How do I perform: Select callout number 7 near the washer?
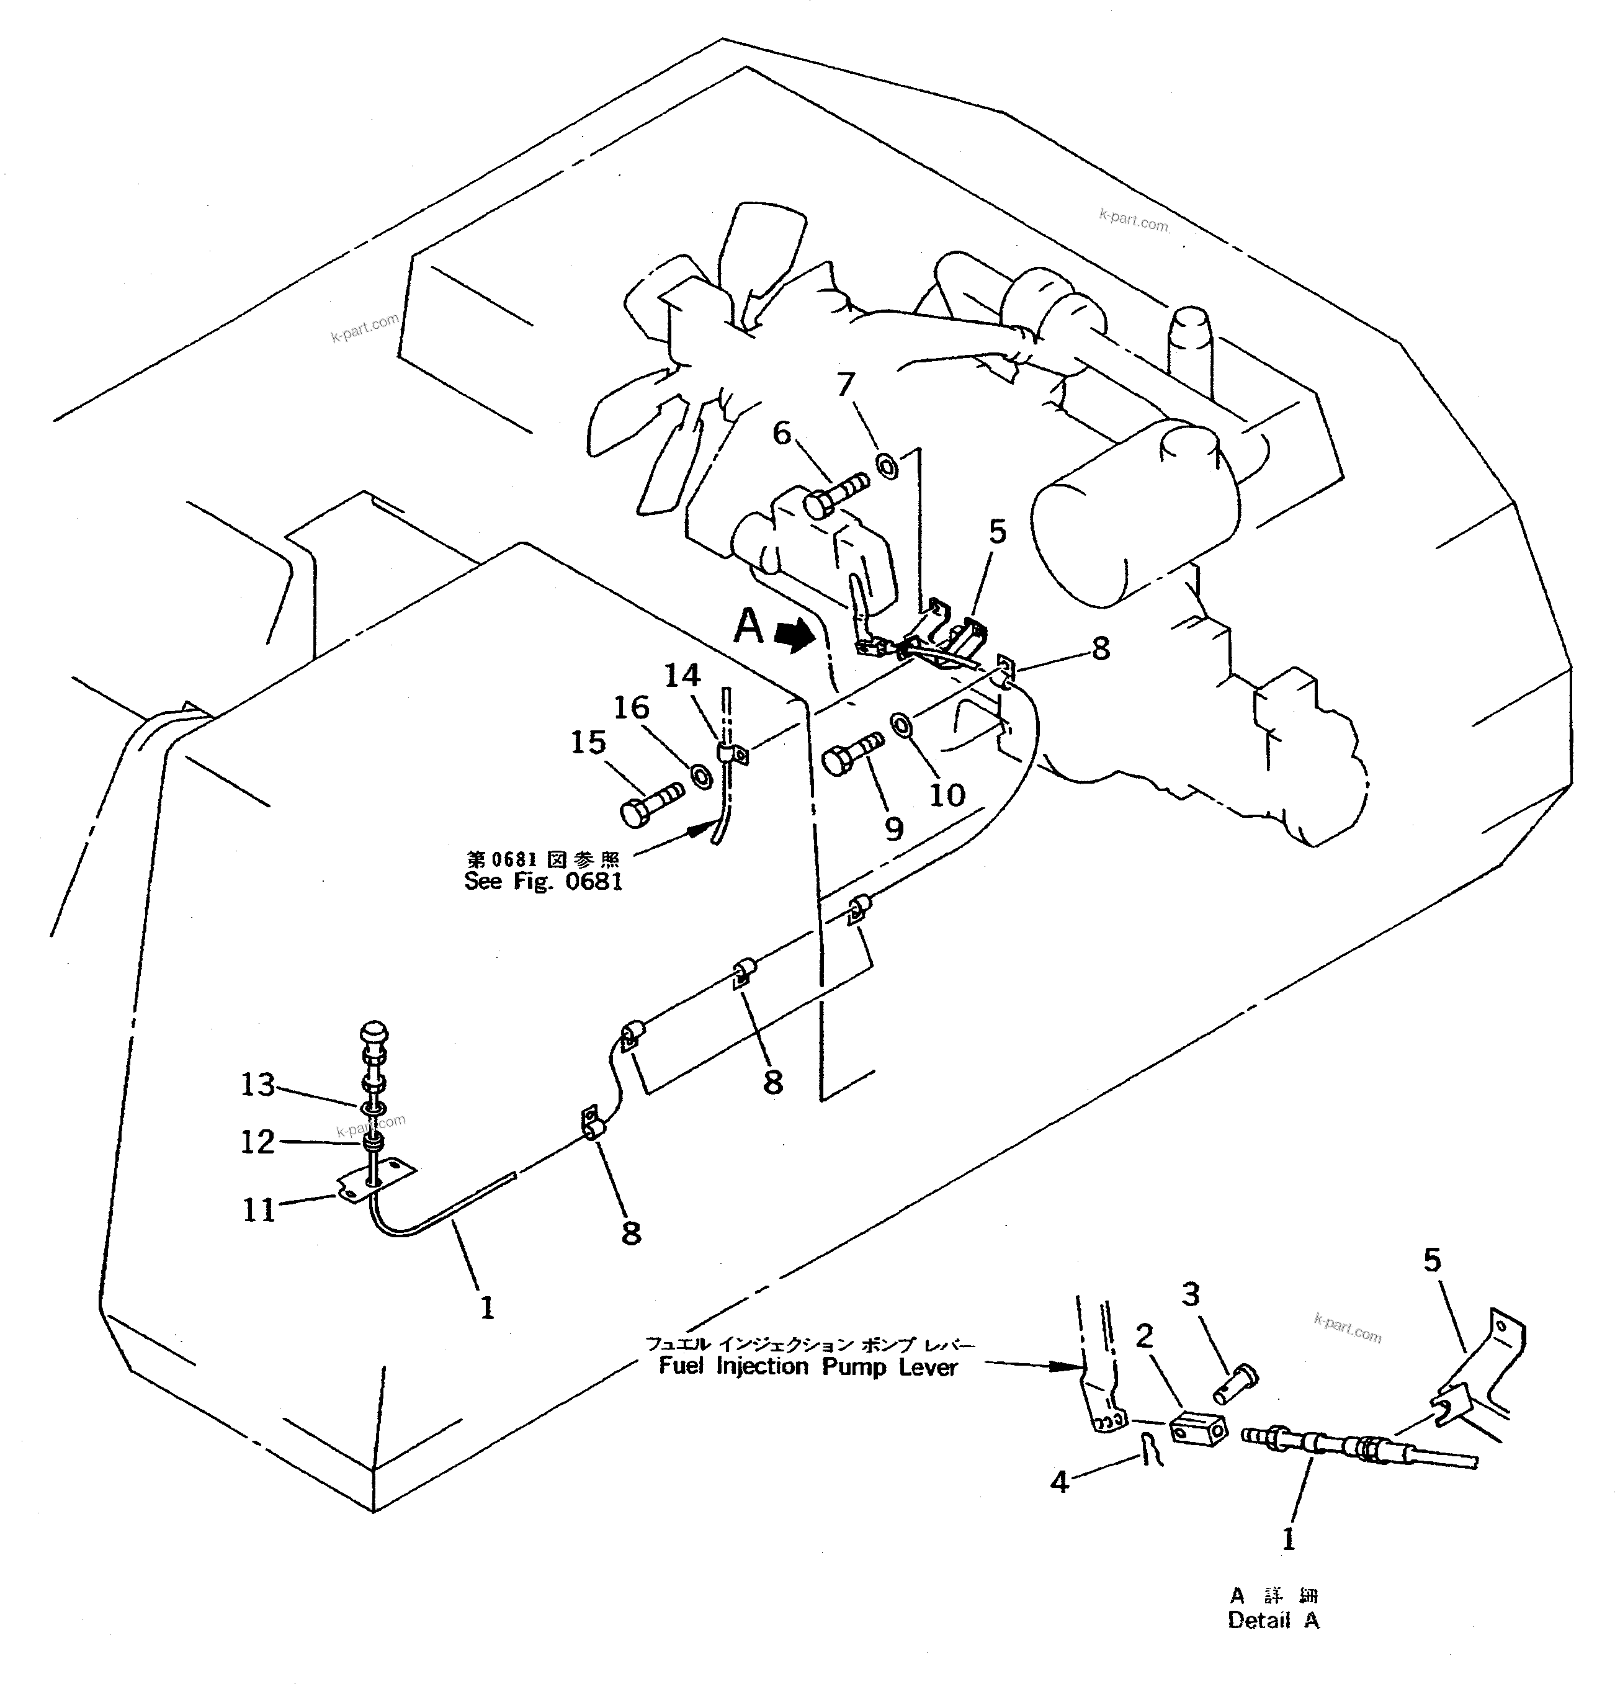tap(846, 384)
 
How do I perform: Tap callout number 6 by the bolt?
tap(781, 433)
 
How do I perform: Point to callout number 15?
tap(588, 741)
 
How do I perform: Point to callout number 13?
tap(257, 1084)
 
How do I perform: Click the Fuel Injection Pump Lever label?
tap(808, 1367)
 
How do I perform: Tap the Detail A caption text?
tap(1273, 1621)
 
